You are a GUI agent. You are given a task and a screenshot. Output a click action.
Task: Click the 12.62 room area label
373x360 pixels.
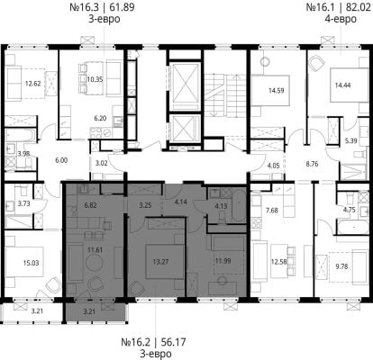[x=32, y=84]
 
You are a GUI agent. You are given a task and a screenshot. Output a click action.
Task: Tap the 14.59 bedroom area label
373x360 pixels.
[x=277, y=90]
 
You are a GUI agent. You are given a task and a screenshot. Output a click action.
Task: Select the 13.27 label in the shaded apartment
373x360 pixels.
[x=160, y=262]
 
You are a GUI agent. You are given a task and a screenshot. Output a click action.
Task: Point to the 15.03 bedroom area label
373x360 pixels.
[x=31, y=263]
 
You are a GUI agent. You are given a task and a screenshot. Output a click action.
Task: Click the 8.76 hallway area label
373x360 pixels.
[x=311, y=164]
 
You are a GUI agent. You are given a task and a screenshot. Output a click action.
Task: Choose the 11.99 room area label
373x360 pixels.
[x=223, y=261]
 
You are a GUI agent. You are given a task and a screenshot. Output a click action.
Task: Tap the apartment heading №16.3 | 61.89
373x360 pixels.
[x=102, y=7]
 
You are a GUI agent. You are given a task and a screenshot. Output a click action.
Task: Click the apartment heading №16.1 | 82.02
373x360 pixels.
[x=339, y=7]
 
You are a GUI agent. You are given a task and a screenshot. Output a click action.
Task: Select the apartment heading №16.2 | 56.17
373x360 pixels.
[x=153, y=342]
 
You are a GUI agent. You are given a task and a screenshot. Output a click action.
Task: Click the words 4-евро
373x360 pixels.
[x=341, y=19]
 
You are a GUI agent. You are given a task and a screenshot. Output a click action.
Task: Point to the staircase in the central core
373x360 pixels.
[x=226, y=95]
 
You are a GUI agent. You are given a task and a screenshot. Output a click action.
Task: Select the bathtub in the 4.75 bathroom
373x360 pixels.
[x=353, y=227]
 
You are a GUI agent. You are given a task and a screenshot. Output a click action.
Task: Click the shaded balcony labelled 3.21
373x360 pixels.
[x=95, y=311]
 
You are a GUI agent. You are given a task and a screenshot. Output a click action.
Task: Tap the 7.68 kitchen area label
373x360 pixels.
[x=272, y=211]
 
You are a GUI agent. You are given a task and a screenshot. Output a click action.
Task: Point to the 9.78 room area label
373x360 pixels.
[x=341, y=266]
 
